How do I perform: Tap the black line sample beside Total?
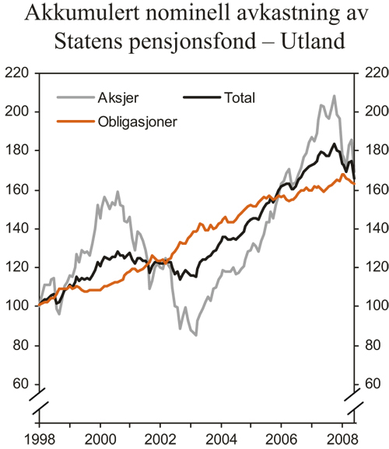(x=202, y=97)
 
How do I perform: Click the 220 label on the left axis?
(x=18, y=73)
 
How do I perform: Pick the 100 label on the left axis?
(x=18, y=306)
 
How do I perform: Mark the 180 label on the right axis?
(x=372, y=151)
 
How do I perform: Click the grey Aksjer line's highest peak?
(x=335, y=97)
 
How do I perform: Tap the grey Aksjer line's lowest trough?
(x=195, y=334)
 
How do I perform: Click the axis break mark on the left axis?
(x=38, y=405)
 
